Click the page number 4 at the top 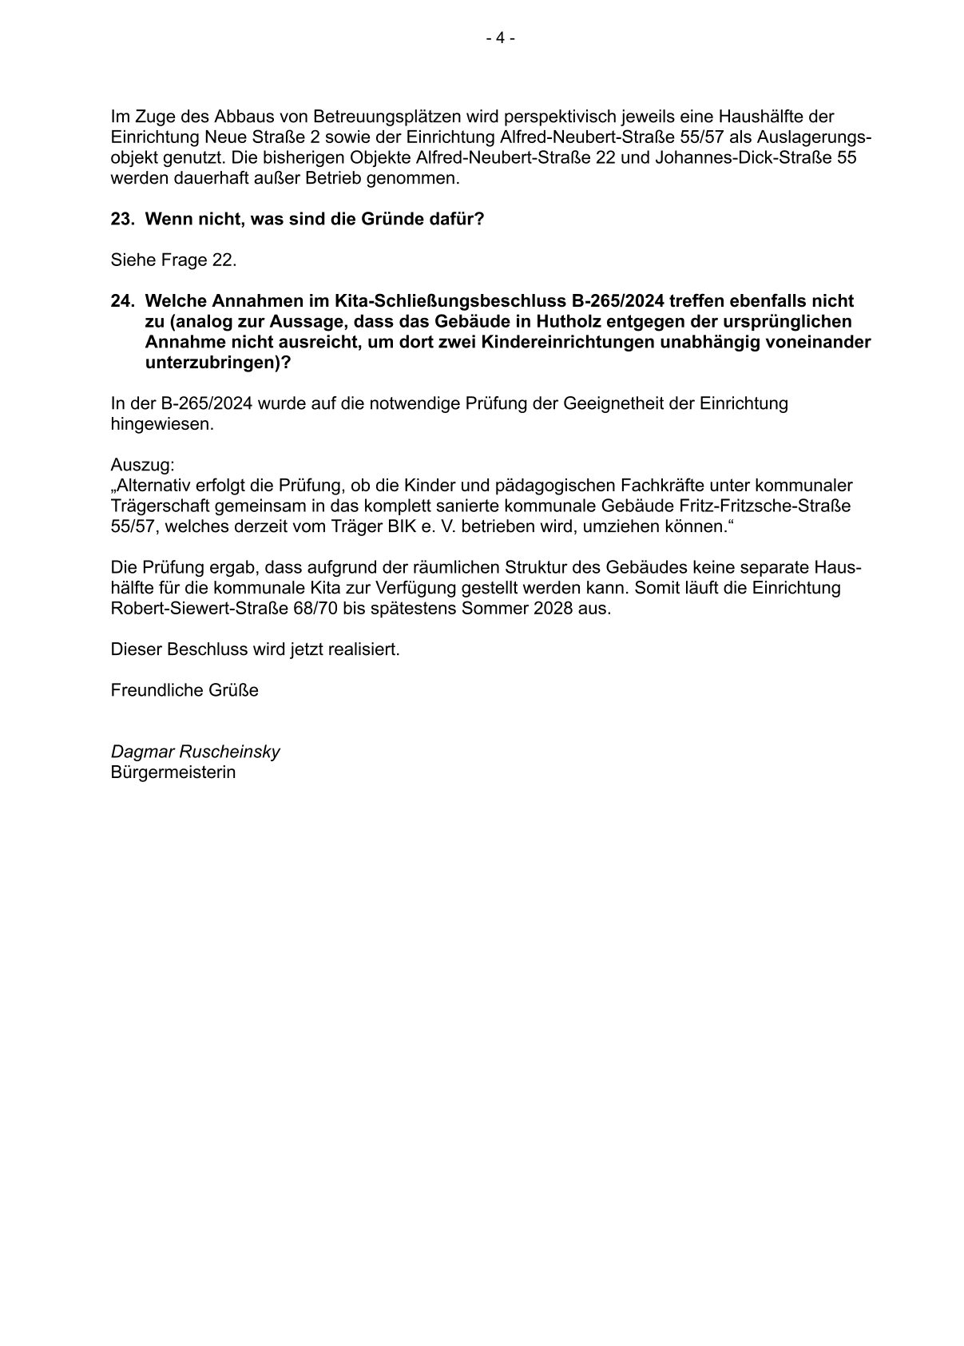500,38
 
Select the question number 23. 123,218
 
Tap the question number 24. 123,301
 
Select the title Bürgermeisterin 173,772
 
